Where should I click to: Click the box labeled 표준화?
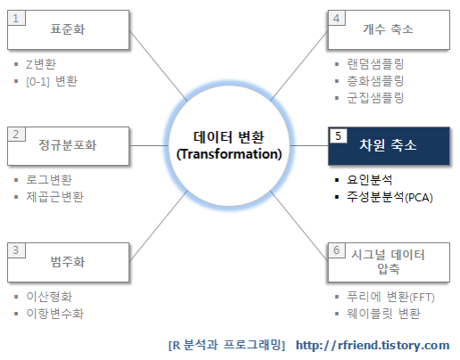coord(68,30)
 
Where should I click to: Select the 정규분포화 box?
coord(68,146)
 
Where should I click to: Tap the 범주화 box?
coord(68,262)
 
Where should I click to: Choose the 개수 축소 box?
coord(389,30)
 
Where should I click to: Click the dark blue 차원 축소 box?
coord(389,146)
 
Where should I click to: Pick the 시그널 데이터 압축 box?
coord(389,262)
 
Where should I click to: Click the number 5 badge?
coord(338,135)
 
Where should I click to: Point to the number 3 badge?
coord(16,250)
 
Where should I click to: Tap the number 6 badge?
coord(337,250)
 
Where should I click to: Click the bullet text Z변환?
coord(41,64)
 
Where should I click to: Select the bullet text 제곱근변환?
coord(55,197)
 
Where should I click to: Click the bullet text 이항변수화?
coord(55,314)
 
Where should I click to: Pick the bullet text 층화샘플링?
coord(375,81)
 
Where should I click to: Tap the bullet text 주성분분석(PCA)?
coord(390,197)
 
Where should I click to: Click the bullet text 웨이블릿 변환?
coord(383,314)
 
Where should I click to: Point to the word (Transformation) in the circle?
coord(229,154)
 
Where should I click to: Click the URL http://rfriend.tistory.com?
coord(373,345)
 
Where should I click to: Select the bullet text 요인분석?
coord(369,180)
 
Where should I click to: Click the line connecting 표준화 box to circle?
coord(159,66)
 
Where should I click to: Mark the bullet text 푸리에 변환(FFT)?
coord(390,297)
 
